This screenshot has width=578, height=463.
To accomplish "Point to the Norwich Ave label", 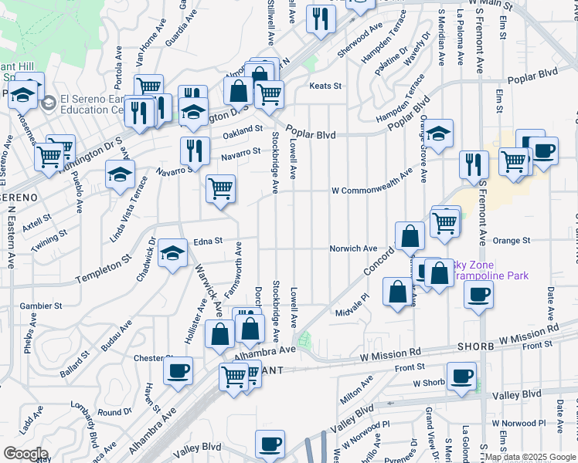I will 353,248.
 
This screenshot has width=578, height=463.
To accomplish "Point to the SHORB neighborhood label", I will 474,346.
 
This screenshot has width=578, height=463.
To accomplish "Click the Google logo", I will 25,454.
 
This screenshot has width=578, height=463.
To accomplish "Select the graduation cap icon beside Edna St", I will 172,252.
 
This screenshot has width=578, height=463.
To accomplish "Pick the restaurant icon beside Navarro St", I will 194,150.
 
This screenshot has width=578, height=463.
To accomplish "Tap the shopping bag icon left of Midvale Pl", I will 397,292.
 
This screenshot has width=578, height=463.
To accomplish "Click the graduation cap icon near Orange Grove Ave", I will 438,133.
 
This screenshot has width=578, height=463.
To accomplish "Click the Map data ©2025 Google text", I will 531,457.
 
